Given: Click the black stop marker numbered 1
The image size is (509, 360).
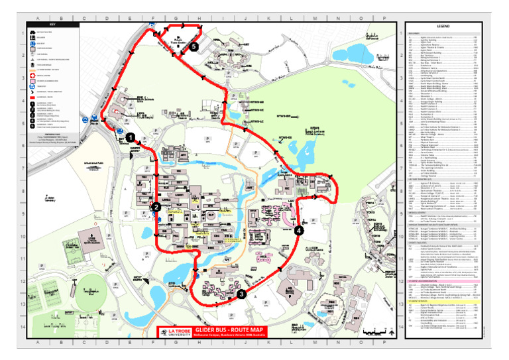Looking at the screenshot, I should pyautogui.click(x=131, y=137).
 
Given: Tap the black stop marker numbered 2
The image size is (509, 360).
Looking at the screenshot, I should pyautogui.click(x=156, y=207).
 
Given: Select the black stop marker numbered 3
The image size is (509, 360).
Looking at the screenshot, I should pyautogui.click(x=241, y=294).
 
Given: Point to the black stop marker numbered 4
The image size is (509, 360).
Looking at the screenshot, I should pyautogui.click(x=299, y=230).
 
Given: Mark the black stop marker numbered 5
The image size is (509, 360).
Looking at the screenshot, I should pyautogui.click(x=193, y=47).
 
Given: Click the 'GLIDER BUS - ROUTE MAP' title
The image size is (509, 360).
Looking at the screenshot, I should pyautogui.click(x=229, y=330).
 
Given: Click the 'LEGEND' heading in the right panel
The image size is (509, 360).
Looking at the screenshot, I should pyautogui.click(x=443, y=26).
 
